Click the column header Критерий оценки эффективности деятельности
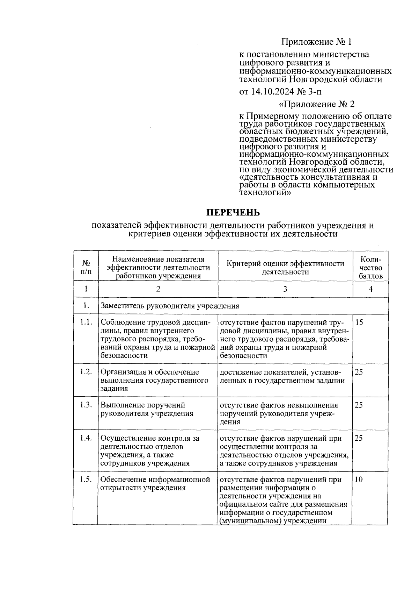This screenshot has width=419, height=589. [285, 268]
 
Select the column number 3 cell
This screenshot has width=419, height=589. [285, 289]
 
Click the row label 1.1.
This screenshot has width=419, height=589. [86, 322]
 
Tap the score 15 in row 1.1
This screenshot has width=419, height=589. [359, 322]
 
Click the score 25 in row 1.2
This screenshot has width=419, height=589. [359, 372]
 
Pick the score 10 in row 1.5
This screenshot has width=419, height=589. [359, 480]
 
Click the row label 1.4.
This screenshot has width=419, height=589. [86, 438]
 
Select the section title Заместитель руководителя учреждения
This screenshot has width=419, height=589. [170, 306]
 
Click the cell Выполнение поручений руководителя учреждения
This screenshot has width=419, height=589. [147, 409]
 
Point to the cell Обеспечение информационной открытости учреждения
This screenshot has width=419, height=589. [155, 483]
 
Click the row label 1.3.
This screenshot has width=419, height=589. [86, 405]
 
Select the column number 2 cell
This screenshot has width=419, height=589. [158, 289]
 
